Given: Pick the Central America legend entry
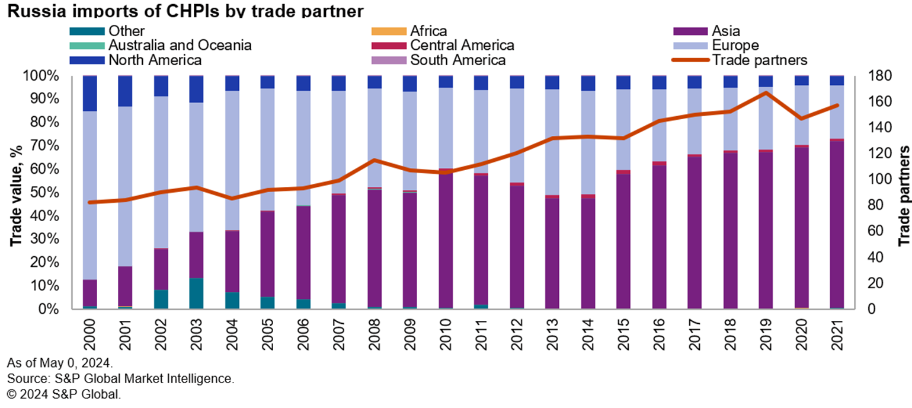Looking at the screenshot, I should [462, 45].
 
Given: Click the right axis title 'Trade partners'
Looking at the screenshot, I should [903, 193].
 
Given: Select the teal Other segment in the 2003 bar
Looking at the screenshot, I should [196, 293].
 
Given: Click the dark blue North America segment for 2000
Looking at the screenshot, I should [90, 93].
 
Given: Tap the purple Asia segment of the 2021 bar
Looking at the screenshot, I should [836, 225].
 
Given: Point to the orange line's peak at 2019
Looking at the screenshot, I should [766, 93].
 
